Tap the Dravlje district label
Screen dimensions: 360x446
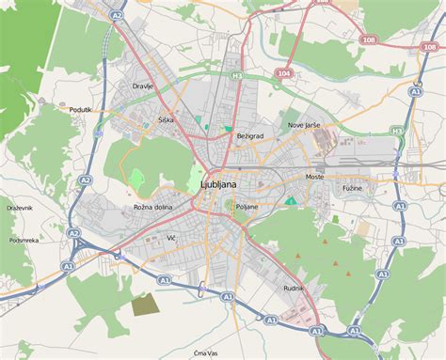(x=143, y=86)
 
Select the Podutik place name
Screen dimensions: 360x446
(x=81, y=109)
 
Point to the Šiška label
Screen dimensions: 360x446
(x=167, y=120)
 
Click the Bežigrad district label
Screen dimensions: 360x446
(x=249, y=136)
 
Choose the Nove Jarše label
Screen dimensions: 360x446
(x=303, y=125)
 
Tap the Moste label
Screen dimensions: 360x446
(x=314, y=177)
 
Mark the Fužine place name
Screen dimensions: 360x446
(x=351, y=188)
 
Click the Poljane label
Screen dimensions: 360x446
(x=246, y=206)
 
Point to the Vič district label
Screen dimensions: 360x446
(x=171, y=238)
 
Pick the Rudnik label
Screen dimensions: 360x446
(x=294, y=288)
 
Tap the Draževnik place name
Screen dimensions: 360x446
(x=20, y=206)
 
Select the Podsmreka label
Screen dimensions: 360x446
(x=24, y=240)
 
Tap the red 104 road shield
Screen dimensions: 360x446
(x=284, y=71)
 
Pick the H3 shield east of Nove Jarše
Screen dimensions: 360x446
(x=397, y=131)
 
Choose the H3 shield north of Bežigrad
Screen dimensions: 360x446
(x=237, y=75)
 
